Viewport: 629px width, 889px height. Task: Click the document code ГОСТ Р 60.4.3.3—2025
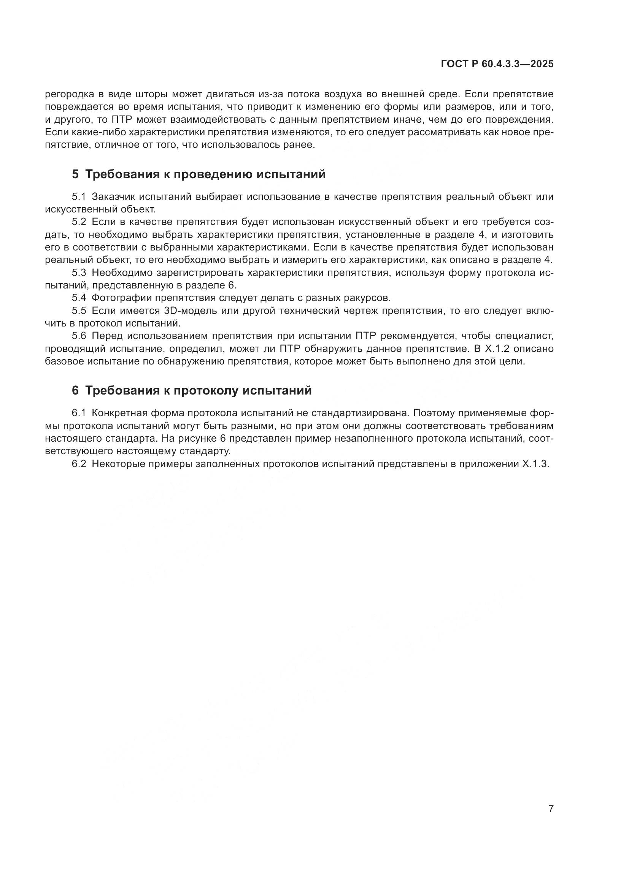497,64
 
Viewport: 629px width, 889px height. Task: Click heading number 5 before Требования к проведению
75,174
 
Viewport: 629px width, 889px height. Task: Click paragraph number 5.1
79,197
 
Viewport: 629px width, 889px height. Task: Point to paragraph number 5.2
79,222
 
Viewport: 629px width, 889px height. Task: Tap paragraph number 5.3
79,273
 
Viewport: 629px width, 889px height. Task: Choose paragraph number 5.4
79,298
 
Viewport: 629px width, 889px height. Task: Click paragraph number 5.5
79,311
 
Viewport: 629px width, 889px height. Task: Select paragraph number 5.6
79,336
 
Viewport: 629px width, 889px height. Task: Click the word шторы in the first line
152,94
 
